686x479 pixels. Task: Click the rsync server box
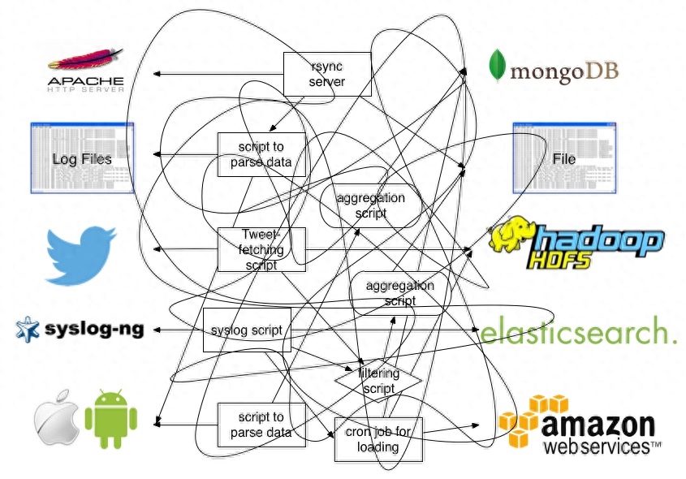coord(327,74)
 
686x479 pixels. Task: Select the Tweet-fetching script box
coord(261,249)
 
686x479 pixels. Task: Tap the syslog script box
coord(246,330)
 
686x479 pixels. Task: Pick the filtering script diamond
coord(380,381)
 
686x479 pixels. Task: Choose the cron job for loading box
coord(378,440)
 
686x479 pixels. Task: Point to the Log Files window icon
coord(82,158)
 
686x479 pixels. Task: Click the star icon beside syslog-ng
coord(28,329)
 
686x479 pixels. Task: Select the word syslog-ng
coord(94,330)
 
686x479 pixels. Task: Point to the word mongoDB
coord(564,71)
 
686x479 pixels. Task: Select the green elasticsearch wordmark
coord(578,333)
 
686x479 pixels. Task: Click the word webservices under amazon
coord(601,447)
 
